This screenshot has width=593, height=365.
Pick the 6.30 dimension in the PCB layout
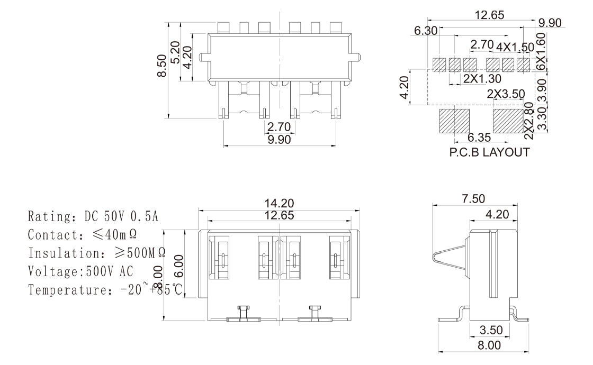coord(426,31)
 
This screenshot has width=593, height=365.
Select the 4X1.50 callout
coord(515,47)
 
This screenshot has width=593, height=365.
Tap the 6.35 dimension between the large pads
coord(480,138)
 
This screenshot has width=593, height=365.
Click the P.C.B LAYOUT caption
coord(489,153)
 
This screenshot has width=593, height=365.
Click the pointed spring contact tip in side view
coord(436,258)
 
